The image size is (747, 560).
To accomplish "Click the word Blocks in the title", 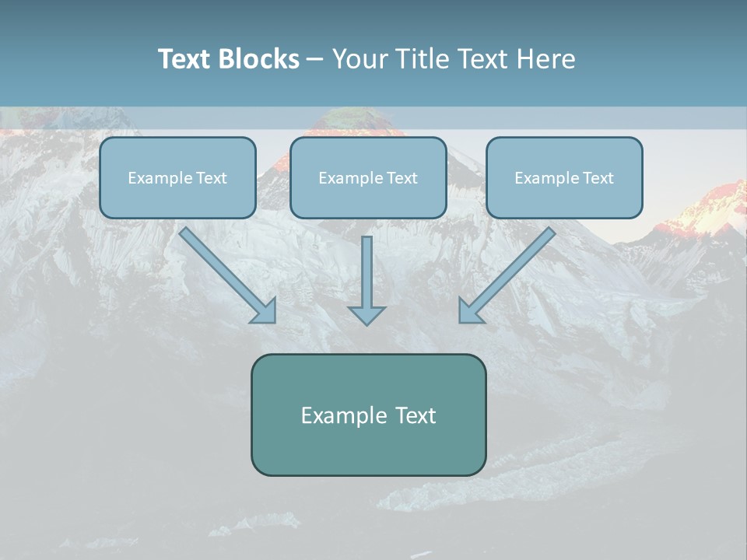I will click(x=258, y=59).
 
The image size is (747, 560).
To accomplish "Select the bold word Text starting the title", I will click(x=185, y=59).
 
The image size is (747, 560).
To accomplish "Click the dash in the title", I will click(x=315, y=59).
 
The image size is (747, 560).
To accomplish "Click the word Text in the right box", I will click(x=598, y=178).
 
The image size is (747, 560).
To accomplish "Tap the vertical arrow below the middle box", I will click(x=366, y=272).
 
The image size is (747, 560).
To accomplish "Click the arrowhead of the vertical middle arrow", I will click(x=366, y=315).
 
